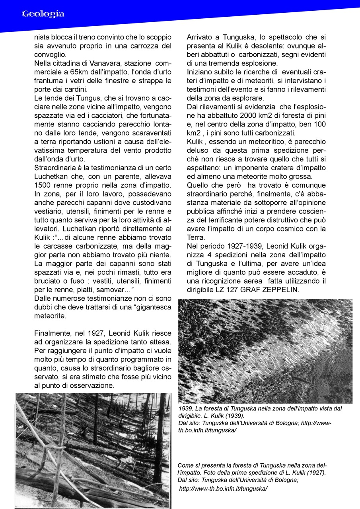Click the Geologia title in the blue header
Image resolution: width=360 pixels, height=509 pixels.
point(43,14)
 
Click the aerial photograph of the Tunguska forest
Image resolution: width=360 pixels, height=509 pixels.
point(265,351)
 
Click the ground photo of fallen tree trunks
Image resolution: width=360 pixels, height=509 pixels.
point(93,450)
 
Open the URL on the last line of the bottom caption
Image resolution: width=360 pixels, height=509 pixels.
point(223,489)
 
